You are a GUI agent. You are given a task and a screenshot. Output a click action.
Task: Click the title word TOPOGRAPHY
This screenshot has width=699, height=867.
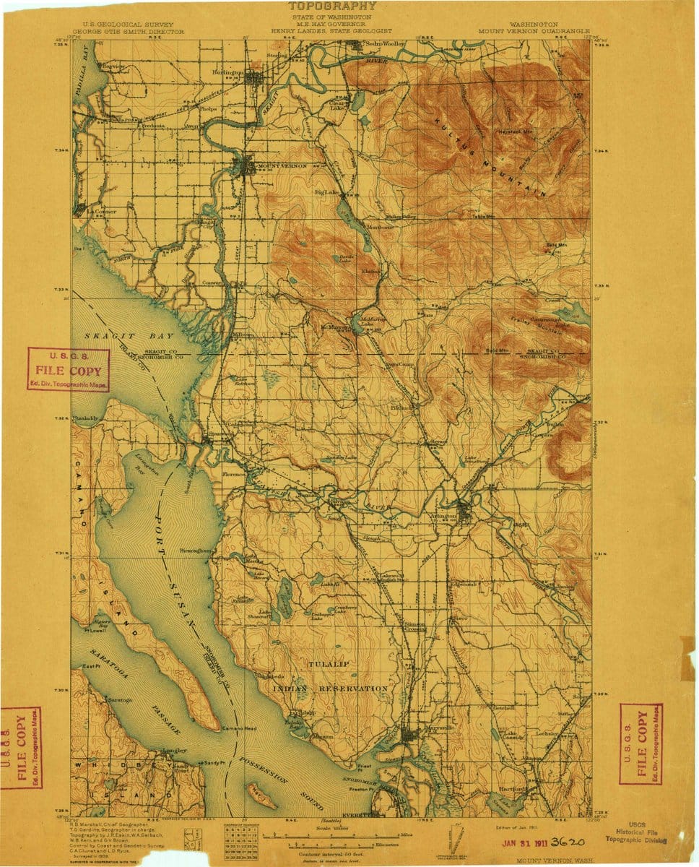coord(333,7)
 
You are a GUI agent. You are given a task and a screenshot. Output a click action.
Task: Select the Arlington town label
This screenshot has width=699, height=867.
coord(445,516)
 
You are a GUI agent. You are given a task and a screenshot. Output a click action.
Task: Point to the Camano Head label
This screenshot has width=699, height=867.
coord(239,728)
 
